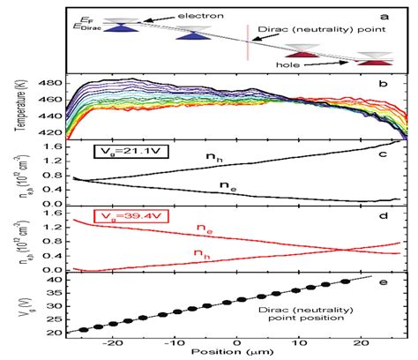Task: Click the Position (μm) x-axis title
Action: (237, 352)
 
